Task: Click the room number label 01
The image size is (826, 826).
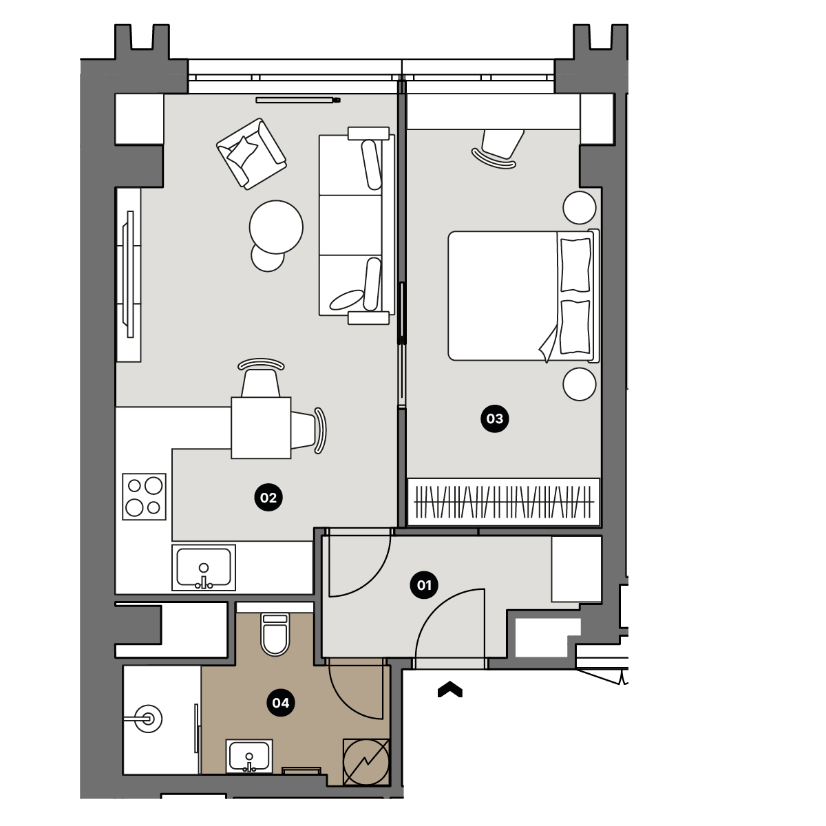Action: [x=424, y=584]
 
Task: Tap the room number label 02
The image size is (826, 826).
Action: [x=268, y=498]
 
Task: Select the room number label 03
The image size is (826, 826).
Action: [x=495, y=419]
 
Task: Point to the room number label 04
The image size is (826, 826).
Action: [x=281, y=703]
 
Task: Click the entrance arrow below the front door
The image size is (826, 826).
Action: [x=449, y=690]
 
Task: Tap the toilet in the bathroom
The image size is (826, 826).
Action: [x=275, y=635]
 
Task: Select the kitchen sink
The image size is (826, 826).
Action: [x=204, y=567]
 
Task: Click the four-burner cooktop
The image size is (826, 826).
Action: [x=144, y=496]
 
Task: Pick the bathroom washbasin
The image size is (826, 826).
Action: [x=249, y=756]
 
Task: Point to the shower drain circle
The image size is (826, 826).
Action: [x=148, y=719]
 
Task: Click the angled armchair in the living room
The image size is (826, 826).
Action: [x=252, y=153]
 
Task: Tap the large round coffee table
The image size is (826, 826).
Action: [x=276, y=227]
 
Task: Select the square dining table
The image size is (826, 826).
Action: [x=261, y=427]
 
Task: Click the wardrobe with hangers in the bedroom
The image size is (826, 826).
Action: [x=504, y=502]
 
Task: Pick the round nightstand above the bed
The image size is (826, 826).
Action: [x=580, y=207]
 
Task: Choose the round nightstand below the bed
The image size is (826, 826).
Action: [x=580, y=384]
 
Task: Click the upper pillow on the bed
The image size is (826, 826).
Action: [x=575, y=265]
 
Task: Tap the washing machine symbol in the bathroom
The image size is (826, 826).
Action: [x=366, y=763]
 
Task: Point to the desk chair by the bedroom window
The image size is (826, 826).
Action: [x=498, y=148]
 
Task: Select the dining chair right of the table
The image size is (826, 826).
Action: [x=308, y=430]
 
